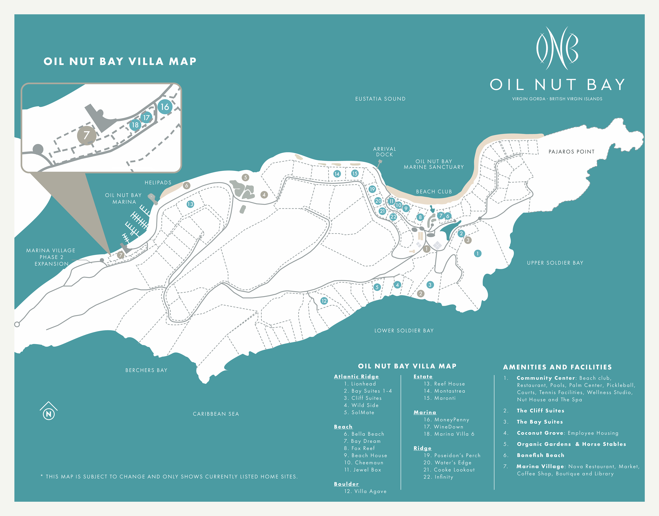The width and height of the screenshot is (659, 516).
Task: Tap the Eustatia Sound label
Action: coord(380,99)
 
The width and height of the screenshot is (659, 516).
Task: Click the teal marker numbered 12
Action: coord(324,301)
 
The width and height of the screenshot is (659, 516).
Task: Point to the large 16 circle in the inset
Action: coord(165,107)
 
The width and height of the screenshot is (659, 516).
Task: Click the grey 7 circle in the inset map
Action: coord(87,135)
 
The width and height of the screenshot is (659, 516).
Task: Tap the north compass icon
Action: coord(49,411)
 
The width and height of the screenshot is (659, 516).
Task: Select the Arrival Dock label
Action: coord(384,152)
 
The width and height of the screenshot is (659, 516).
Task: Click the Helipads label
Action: coord(158,183)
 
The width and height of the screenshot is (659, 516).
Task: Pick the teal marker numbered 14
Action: coord(337,174)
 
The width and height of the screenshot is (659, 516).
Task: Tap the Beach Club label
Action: coord(434,191)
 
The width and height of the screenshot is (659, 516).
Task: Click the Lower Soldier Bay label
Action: coord(404,331)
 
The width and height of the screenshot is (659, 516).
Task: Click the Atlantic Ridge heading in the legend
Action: coord(356,376)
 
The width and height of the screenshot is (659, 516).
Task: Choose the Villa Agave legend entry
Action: coord(365,491)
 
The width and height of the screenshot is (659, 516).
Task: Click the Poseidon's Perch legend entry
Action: coord(452,455)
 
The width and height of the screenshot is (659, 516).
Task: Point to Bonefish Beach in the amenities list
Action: coord(540,455)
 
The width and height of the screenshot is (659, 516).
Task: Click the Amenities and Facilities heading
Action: coord(557,367)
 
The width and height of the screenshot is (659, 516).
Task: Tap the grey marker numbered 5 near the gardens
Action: coord(245,177)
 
